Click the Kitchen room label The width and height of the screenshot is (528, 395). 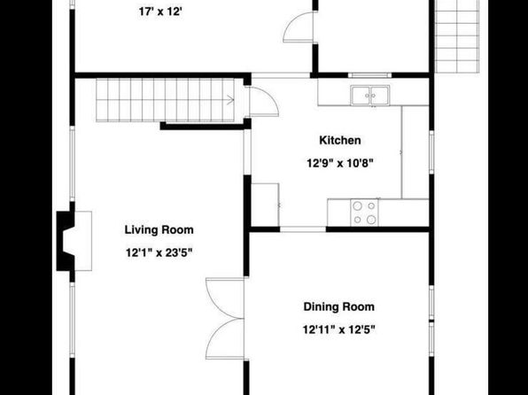point(340,140)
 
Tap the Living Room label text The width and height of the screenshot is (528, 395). point(159,230)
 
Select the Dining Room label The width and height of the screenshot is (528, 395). point(338,306)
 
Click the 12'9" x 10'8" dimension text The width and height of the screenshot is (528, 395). point(340,163)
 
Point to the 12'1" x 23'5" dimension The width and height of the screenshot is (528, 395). point(159,252)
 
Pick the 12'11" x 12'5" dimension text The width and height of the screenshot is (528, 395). point(338,329)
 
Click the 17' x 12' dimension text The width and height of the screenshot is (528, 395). point(160,12)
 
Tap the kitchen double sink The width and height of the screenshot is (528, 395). point(370,96)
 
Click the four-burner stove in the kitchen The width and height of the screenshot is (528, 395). point(364,213)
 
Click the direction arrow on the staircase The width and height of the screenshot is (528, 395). point(230,100)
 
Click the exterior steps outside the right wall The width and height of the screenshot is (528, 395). point(457,36)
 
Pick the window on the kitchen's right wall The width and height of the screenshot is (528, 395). point(431,152)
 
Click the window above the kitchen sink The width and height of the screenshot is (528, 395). point(369,75)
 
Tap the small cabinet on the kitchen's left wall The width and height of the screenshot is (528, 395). point(265,205)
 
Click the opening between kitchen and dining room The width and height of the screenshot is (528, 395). point(303,229)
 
